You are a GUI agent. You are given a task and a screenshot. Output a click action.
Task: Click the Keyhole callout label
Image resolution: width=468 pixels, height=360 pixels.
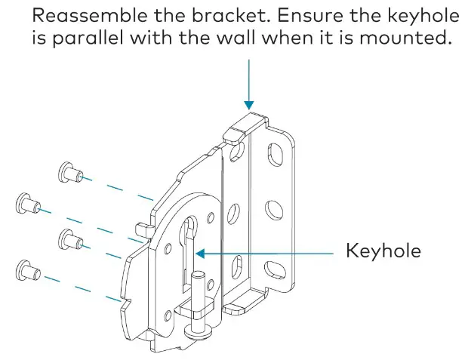pos(383,251)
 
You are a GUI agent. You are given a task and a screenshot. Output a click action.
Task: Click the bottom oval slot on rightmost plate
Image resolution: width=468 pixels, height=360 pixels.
pos(271,265)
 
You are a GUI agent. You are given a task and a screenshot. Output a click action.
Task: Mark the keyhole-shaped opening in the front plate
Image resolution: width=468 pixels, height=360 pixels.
pos(189,242)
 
